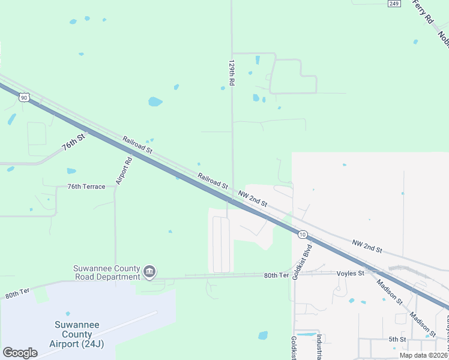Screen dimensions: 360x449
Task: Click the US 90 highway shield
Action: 23,97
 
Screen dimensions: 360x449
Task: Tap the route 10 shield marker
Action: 303,234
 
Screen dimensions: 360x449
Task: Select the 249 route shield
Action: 394,4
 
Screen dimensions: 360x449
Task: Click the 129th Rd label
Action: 231,72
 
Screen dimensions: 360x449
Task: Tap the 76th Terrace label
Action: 86,187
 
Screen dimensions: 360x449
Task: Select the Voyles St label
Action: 351,273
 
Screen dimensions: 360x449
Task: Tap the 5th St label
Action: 397,339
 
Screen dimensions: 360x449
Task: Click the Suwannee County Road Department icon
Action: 149,273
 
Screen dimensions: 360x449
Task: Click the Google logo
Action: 20,353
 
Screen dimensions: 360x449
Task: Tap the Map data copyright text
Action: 423,355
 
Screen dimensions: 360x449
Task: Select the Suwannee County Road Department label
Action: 106,272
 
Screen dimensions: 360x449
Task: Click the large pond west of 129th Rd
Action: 155,101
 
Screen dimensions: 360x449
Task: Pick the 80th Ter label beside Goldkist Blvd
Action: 276,275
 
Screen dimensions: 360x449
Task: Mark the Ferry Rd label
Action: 424,12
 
